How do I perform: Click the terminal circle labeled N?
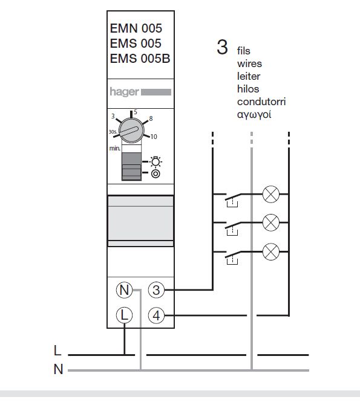(x=125, y=290)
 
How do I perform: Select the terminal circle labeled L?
(x=125, y=315)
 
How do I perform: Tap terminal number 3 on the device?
(x=156, y=290)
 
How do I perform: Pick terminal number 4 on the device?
(x=156, y=315)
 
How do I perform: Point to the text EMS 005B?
(x=140, y=59)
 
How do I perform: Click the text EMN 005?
(x=136, y=28)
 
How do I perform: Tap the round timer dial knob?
(x=131, y=131)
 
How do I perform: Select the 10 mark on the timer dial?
(x=154, y=137)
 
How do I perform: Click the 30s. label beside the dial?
(x=113, y=132)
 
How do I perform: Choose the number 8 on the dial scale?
(x=151, y=118)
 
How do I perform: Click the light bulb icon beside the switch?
(x=155, y=161)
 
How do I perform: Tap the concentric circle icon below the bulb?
(x=155, y=174)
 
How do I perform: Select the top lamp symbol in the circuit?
(x=271, y=194)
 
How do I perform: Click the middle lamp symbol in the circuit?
(x=271, y=222)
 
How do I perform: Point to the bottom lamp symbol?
(x=271, y=251)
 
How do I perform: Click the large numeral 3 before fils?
(x=222, y=47)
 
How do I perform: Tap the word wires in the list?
(x=249, y=64)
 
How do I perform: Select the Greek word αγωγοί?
(x=254, y=115)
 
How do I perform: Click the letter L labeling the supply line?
(x=57, y=351)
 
